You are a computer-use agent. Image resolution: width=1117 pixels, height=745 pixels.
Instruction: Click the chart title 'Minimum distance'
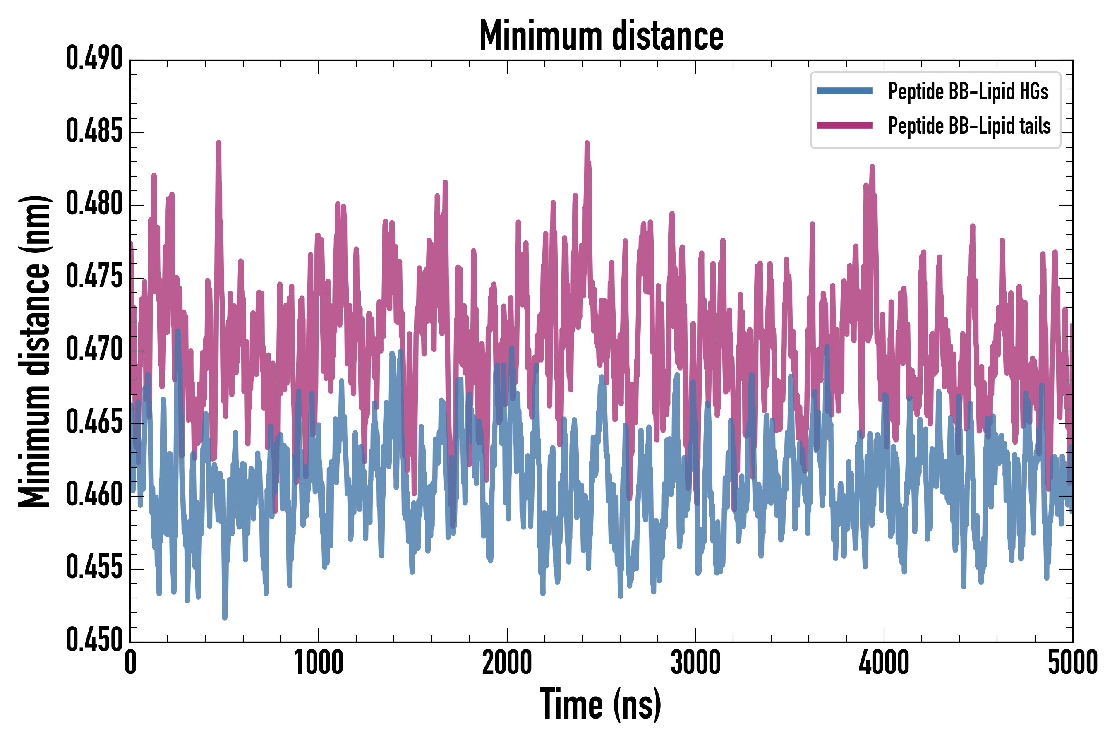tap(601, 36)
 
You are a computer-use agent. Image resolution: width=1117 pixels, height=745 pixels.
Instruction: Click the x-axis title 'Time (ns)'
tap(601, 704)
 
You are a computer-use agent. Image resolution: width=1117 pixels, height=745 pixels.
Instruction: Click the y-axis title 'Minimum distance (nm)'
tap(34, 351)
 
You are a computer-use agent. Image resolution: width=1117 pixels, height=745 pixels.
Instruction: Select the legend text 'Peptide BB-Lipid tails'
tap(969, 126)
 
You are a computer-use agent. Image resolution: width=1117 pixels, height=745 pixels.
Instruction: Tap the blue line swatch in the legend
tap(844, 91)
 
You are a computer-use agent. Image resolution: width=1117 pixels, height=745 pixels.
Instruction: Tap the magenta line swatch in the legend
tap(844, 125)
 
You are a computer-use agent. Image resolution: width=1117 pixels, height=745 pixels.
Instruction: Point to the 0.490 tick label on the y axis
tap(94, 59)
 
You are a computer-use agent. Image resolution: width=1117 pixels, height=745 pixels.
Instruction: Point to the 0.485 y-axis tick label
tap(94, 132)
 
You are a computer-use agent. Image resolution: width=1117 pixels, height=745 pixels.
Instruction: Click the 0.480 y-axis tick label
tap(94, 204)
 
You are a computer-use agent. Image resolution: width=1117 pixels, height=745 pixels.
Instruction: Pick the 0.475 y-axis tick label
tap(94, 277)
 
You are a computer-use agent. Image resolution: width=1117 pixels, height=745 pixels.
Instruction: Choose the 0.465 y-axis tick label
tap(94, 423)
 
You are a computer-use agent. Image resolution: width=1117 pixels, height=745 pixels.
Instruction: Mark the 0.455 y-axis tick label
tap(94, 568)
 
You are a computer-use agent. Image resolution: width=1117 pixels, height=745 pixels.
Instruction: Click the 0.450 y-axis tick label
tap(94, 640)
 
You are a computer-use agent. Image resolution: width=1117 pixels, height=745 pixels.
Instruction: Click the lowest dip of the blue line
tap(225, 617)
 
